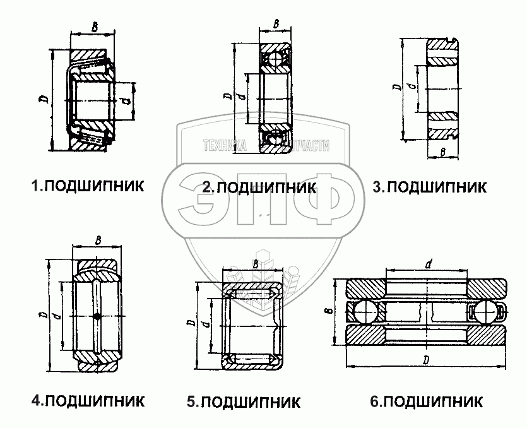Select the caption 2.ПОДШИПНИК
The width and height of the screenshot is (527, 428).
click(259, 187)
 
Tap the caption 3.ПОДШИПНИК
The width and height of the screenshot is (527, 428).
click(429, 187)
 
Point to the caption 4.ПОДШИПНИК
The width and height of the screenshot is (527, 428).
click(88, 401)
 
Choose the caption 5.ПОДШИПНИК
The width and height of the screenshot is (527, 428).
click(244, 401)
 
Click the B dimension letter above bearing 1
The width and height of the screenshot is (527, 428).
click(94, 27)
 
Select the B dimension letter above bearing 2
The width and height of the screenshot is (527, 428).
click(276, 24)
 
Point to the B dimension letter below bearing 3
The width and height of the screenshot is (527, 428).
click(443, 152)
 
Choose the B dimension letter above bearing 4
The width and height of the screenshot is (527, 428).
click(97, 240)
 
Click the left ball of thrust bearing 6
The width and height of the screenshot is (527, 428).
click(365, 311)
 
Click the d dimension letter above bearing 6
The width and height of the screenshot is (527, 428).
click(428, 265)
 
